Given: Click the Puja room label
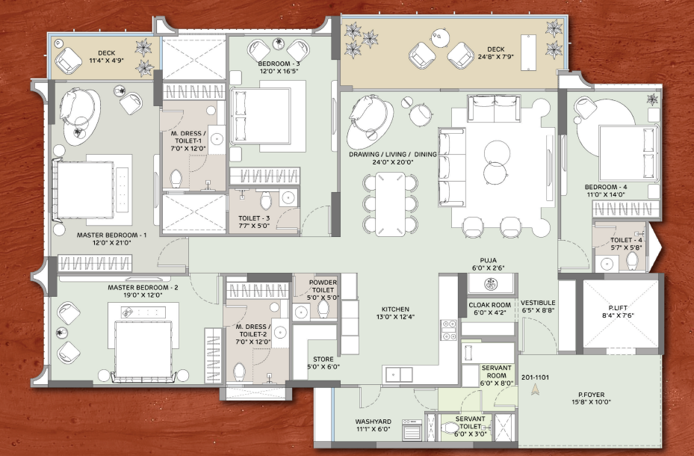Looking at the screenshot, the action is (488, 260).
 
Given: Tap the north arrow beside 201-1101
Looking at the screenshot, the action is (535, 389).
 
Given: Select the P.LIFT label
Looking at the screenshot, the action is (618, 308).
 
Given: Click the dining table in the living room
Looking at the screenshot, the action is (390, 203).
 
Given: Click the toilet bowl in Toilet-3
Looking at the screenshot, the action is (266, 200).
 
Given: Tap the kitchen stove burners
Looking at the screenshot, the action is (448, 330).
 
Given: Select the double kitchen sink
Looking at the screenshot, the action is (399, 375).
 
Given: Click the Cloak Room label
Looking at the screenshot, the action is (489, 305).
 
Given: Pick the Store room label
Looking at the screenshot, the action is (323, 359).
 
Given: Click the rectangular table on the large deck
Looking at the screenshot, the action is (528, 52).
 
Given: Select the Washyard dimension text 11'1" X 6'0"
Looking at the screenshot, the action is (373, 429).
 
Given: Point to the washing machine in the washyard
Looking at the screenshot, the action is (412, 429).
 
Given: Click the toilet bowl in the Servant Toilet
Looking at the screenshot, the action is (450, 428).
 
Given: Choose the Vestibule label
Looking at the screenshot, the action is (538, 303).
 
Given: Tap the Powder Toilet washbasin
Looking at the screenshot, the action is (301, 312).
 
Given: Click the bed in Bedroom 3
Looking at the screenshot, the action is (260, 116).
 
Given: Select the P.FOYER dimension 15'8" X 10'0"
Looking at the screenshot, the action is (591, 402).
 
